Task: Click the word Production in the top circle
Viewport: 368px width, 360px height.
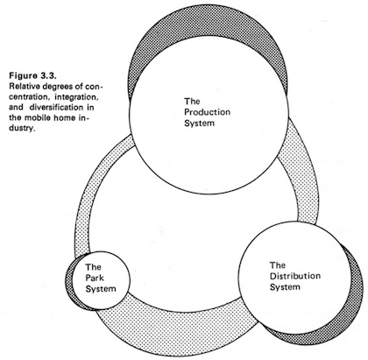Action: tap(207, 112)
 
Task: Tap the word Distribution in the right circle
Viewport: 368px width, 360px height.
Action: tap(295, 276)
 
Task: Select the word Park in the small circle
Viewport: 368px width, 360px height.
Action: tap(95, 278)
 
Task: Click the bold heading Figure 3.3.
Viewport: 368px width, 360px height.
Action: tap(32, 76)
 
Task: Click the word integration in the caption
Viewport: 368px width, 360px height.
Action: tap(77, 97)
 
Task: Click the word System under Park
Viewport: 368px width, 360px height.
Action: tap(101, 289)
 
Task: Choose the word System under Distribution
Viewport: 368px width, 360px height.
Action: tap(285, 287)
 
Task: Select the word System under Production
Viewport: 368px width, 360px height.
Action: tap(199, 123)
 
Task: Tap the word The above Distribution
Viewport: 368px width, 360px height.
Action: tap(278, 265)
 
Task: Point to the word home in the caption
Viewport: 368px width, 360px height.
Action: tap(67, 118)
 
